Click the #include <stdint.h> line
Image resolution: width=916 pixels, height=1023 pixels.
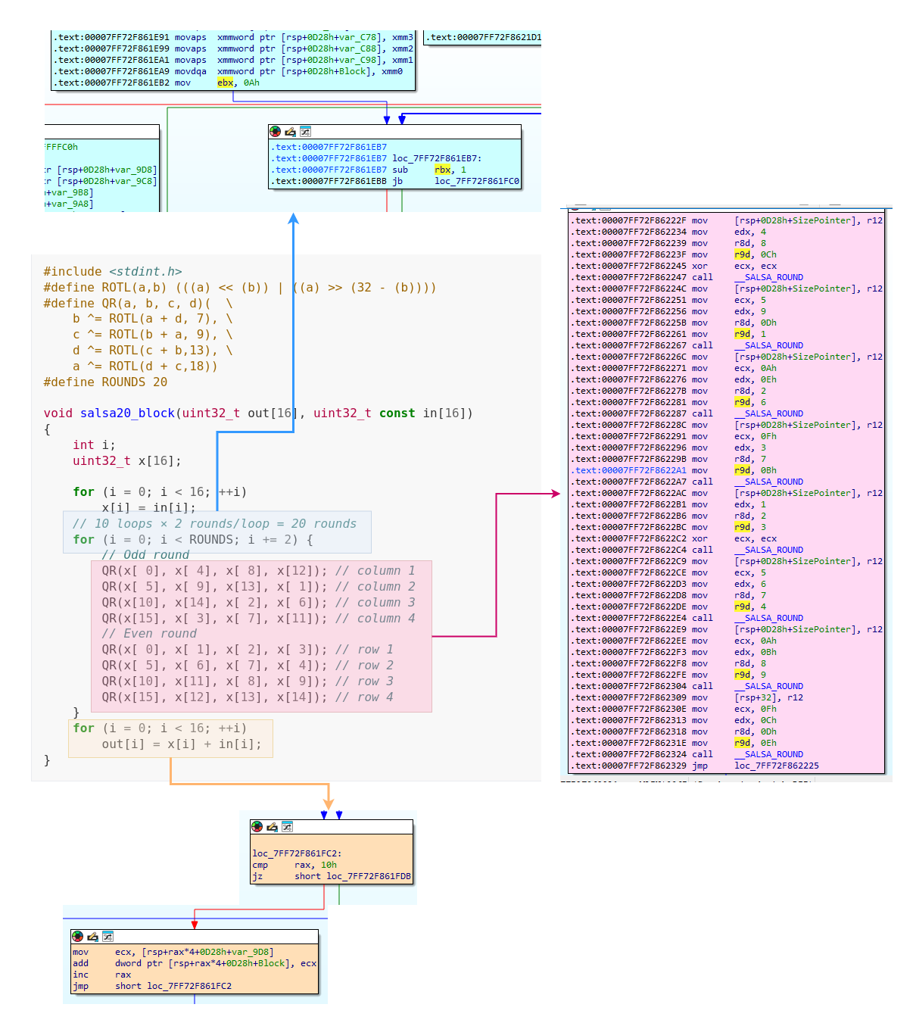pyautogui.click(x=112, y=272)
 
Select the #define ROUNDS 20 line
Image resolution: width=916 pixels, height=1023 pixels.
pyautogui.click(x=105, y=382)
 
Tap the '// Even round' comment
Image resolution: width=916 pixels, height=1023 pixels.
pyautogui.click(x=149, y=634)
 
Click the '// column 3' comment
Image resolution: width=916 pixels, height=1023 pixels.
pyautogui.click(x=375, y=603)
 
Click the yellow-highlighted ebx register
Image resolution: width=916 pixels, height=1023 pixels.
pyautogui.click(x=225, y=83)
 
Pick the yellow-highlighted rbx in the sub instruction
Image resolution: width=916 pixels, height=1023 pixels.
pyautogui.click(x=442, y=170)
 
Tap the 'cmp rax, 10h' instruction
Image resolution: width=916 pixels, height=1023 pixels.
pyautogui.click(x=294, y=865)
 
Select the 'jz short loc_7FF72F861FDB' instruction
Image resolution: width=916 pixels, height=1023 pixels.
pyautogui.click(x=332, y=876)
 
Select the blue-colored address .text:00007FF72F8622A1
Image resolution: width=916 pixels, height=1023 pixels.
pyautogui.click(x=628, y=470)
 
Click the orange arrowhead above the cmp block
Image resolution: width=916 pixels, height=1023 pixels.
pyautogui.click(x=329, y=803)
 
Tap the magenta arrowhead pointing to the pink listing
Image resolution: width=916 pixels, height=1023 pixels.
pyautogui.click(x=555, y=494)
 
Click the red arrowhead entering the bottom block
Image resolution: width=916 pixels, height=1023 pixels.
pyautogui.click(x=195, y=924)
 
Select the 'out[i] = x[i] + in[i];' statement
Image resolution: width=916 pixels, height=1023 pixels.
pyautogui.click(x=182, y=744)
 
